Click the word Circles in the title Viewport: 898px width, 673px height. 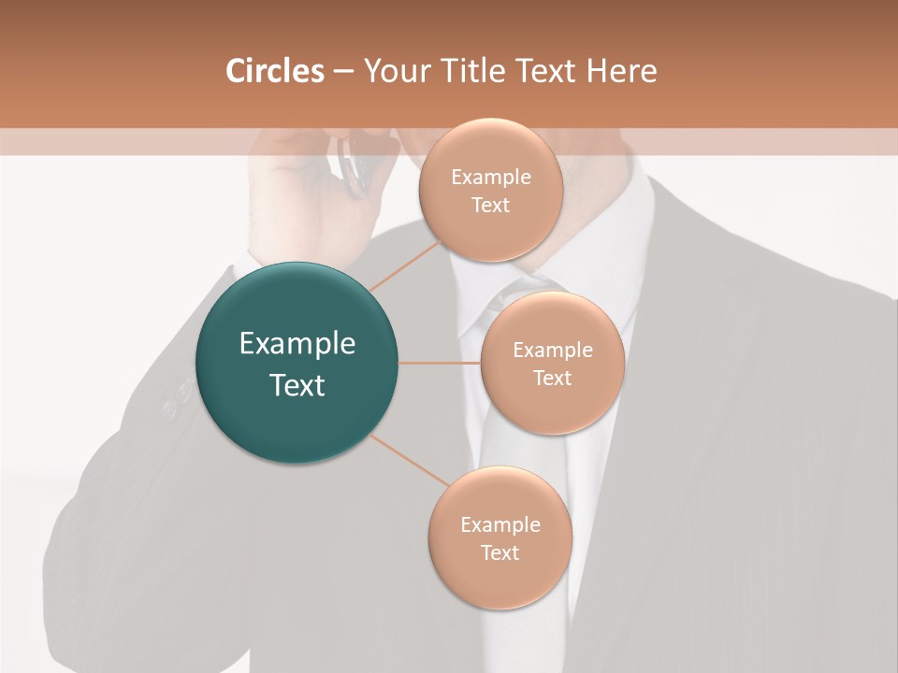click(275, 71)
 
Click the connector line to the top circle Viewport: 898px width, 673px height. click(404, 264)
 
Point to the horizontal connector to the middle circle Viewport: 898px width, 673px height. click(439, 363)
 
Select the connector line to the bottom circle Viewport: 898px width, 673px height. click(409, 459)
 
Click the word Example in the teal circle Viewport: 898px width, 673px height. click(297, 344)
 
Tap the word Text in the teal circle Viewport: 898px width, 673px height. click(297, 385)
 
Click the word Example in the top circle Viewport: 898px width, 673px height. click(490, 178)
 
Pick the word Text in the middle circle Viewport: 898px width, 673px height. click(553, 378)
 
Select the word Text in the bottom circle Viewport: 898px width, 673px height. click(500, 552)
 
